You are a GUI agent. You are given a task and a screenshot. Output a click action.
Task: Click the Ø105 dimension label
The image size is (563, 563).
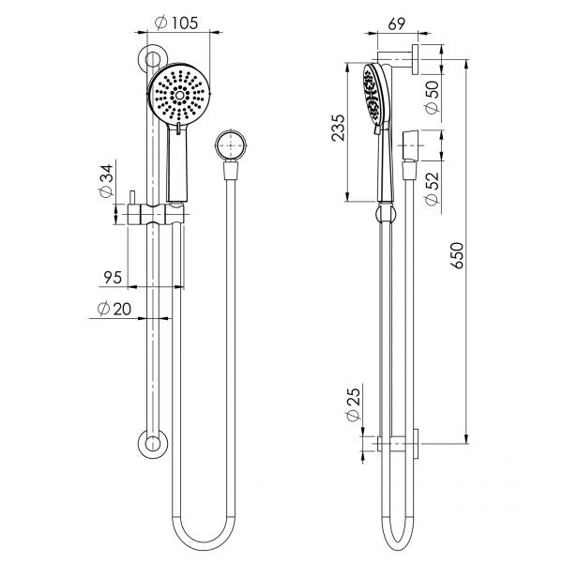(x=178, y=23)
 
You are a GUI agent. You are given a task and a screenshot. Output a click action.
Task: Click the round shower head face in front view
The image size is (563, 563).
(x=179, y=95)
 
